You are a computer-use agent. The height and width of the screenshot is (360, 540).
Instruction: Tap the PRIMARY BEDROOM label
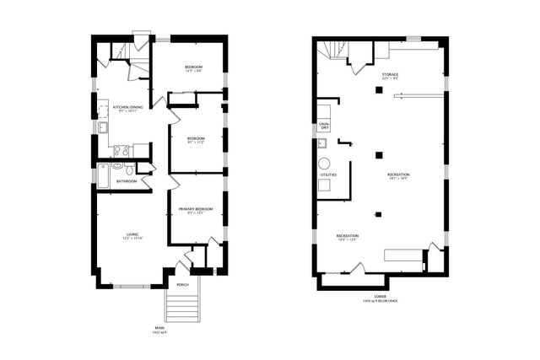(195, 208)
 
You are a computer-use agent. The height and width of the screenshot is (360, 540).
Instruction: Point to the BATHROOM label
(127, 180)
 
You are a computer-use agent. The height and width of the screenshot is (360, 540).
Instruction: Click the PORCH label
(183, 285)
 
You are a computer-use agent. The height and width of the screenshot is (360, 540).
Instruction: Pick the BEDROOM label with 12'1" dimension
(195, 66)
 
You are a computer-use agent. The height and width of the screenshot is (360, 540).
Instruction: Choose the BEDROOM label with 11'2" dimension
(197, 138)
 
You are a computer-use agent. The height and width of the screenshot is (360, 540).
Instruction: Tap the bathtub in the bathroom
(103, 175)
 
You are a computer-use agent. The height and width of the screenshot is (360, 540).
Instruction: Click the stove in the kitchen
(121, 152)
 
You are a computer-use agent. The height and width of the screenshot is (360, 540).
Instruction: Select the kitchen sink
(102, 127)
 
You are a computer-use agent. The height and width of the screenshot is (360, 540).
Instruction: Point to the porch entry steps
(184, 307)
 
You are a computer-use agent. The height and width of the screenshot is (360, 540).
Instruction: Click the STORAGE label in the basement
(389, 74)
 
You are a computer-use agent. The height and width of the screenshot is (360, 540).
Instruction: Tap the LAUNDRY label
(324, 126)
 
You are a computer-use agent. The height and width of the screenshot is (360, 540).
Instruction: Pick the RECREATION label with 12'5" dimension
(348, 236)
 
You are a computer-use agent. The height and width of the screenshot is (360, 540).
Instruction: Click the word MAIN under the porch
(159, 329)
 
